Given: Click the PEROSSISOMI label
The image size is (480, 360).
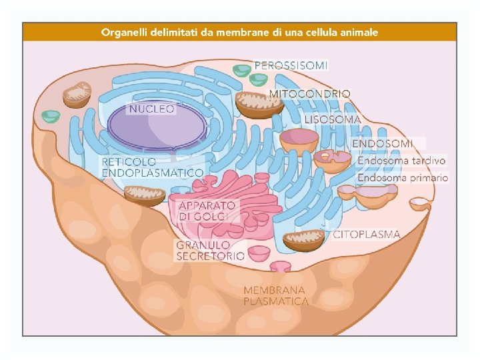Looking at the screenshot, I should (x=291, y=65).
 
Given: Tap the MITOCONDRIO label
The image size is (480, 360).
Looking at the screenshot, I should (x=309, y=94).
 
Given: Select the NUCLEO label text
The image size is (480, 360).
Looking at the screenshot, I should (x=152, y=108).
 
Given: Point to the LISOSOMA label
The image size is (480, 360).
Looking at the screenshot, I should (x=333, y=120).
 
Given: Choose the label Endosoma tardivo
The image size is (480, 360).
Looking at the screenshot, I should (x=402, y=161).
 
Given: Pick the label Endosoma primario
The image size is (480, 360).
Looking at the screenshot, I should (x=403, y=178).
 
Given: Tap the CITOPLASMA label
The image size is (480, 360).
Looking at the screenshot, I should (x=367, y=235).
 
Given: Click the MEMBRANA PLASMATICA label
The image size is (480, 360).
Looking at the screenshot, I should (x=276, y=295).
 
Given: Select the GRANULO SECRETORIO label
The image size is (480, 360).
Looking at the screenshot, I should (x=210, y=250).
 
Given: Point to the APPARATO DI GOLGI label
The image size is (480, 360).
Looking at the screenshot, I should (x=207, y=211).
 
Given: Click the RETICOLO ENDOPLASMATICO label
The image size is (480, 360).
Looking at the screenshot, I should (x=152, y=167).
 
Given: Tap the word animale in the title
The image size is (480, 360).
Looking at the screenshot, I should (x=358, y=31).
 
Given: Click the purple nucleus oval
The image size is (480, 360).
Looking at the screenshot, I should (x=157, y=127).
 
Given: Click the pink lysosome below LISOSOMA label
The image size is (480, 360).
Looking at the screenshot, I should (x=299, y=140).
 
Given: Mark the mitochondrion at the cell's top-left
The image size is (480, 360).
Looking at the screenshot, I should (x=77, y=94).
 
